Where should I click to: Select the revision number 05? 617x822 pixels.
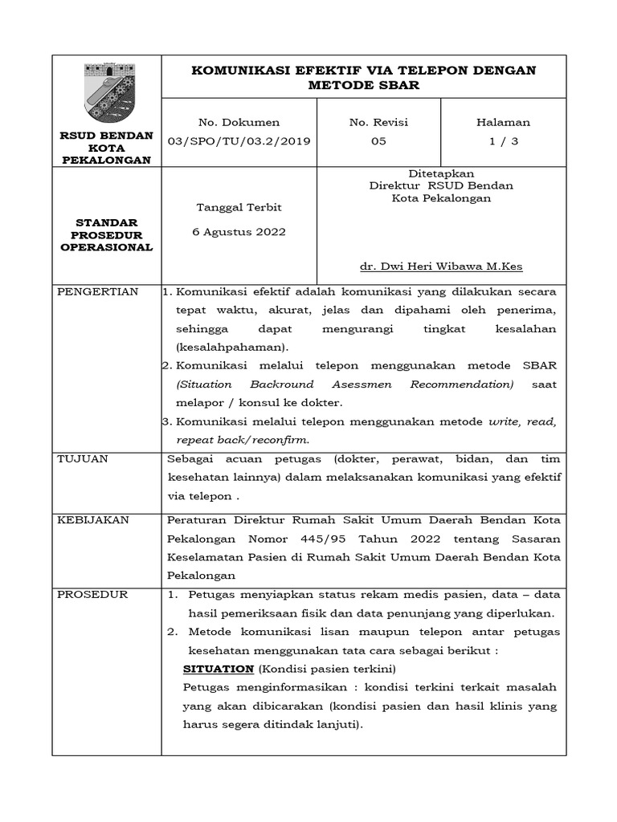pyautogui.click(x=378, y=140)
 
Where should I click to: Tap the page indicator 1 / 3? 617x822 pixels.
pyautogui.click(x=503, y=140)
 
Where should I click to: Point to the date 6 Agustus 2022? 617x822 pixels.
pyautogui.click(x=239, y=232)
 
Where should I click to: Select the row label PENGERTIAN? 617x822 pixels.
pyautogui.click(x=98, y=291)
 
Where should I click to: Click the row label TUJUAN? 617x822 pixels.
pyautogui.click(x=83, y=458)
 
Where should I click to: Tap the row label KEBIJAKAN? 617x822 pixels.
pyautogui.click(x=93, y=520)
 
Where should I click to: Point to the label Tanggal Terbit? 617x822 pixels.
pyautogui.click(x=239, y=207)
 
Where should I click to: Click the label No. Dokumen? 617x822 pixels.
pyautogui.click(x=239, y=122)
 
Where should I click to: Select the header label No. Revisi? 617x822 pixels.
pyautogui.click(x=378, y=122)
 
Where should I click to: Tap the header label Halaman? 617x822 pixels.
pyautogui.click(x=503, y=122)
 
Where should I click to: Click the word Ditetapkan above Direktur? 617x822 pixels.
pyautogui.click(x=441, y=173)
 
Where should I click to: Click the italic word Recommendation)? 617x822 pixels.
pyautogui.click(x=462, y=385)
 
